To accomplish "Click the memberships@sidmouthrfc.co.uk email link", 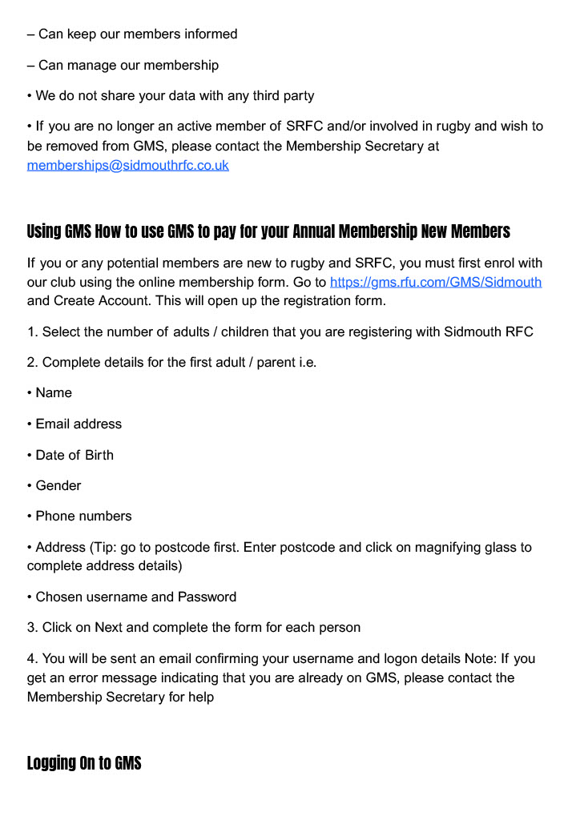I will [128, 166].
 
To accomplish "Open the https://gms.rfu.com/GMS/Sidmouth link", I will [436, 282].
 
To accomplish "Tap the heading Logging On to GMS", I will [84, 763].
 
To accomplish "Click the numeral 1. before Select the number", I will [32, 332].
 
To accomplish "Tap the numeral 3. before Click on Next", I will [32, 627].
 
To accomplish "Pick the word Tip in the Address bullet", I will [100, 548].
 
